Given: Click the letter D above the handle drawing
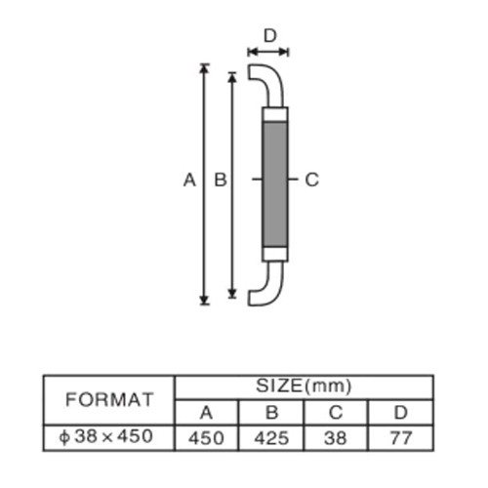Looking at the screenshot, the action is click(270, 36).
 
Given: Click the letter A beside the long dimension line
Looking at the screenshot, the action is click(189, 180).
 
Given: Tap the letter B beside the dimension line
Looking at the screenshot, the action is click(221, 180).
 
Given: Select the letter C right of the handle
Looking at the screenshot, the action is click(312, 180).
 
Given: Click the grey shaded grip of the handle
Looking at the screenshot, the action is click(275, 184).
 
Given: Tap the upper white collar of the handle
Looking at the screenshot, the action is click(275, 114).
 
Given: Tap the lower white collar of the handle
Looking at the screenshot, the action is click(275, 254).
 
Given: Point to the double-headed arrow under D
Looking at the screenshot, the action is click(268, 52).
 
